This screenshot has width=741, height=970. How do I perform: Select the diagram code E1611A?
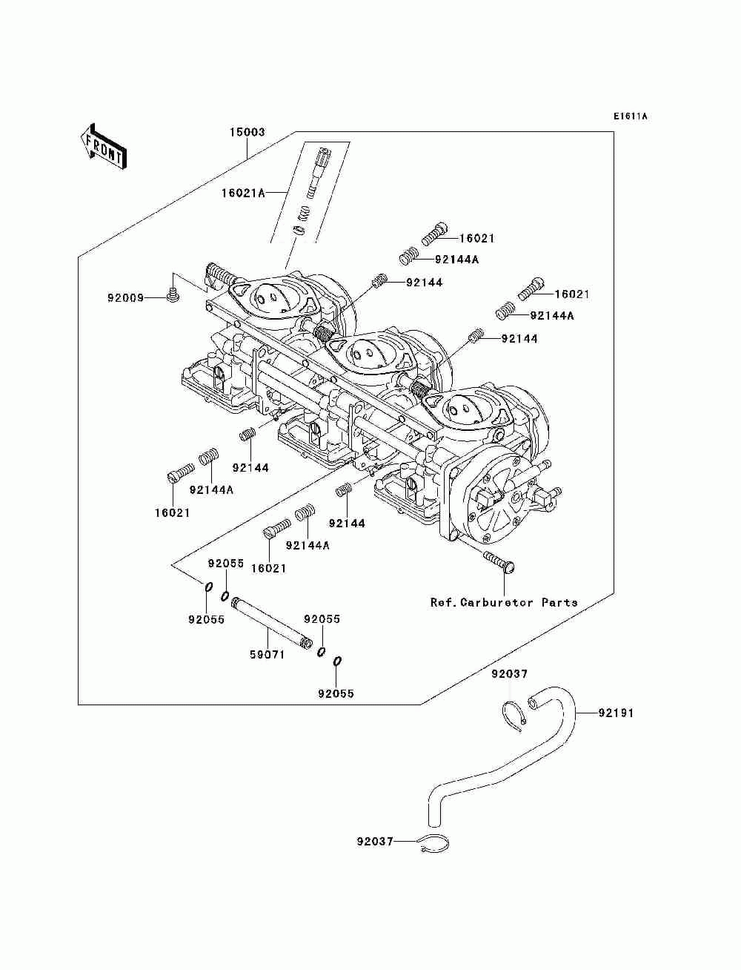tap(630, 116)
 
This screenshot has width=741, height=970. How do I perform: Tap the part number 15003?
tap(247, 132)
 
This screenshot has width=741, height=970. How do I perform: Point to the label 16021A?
tap(243, 193)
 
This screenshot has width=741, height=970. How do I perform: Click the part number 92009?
tap(125, 298)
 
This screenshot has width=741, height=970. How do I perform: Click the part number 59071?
tap(268, 654)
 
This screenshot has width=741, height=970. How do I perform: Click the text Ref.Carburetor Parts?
tap(504, 602)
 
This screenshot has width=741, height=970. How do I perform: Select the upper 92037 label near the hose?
tap(510, 674)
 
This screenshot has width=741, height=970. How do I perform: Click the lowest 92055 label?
tap(336, 694)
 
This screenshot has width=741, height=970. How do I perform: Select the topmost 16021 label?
tap(477, 238)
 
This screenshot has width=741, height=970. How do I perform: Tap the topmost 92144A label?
tap(456, 260)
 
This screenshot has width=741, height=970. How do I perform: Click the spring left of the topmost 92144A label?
tap(408, 257)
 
